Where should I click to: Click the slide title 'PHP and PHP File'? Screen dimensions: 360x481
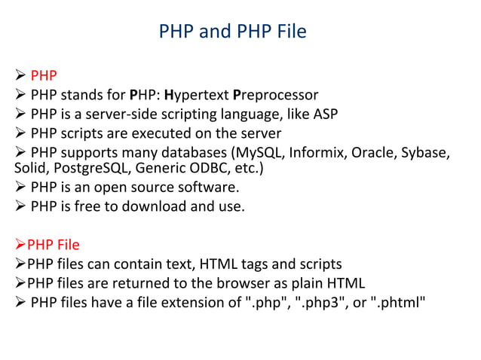click(233, 32)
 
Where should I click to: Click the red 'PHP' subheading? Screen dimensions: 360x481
click(44, 75)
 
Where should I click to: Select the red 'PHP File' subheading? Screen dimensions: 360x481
click(53, 245)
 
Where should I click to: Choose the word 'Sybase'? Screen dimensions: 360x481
click(427, 154)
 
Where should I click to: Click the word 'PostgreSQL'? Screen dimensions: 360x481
click(81, 168)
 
